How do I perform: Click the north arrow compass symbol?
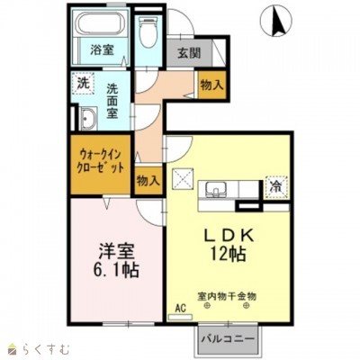point(276,22)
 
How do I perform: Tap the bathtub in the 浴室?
point(101,25)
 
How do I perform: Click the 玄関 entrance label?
point(189,53)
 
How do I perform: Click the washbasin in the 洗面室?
point(88,119)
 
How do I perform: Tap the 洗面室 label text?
point(112,101)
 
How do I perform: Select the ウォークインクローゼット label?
point(101,161)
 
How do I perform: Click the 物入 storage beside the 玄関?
point(211,85)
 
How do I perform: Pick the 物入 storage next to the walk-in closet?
point(148,181)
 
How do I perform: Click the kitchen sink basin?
point(216,189)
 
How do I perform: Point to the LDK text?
point(229,235)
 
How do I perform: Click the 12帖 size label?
point(228,254)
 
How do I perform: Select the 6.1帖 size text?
point(116,271)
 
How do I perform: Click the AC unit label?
point(181,308)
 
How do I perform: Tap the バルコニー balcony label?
point(228,339)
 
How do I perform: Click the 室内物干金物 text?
point(227,297)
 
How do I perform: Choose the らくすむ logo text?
point(46,349)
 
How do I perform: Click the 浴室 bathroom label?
point(102,49)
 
